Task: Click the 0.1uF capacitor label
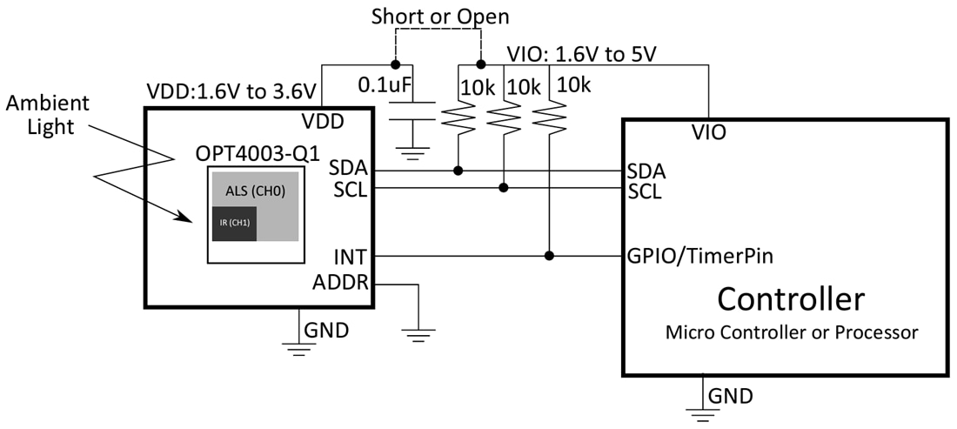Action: (385, 86)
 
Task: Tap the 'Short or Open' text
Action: (439, 17)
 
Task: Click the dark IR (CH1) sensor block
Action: (234, 224)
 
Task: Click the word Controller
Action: (790, 298)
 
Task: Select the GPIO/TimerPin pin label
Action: (699, 257)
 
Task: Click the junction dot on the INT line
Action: (549, 256)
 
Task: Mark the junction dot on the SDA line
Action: (458, 171)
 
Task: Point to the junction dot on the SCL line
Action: (504, 187)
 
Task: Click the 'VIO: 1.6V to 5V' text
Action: (580, 55)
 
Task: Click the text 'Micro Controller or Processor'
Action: (792, 332)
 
